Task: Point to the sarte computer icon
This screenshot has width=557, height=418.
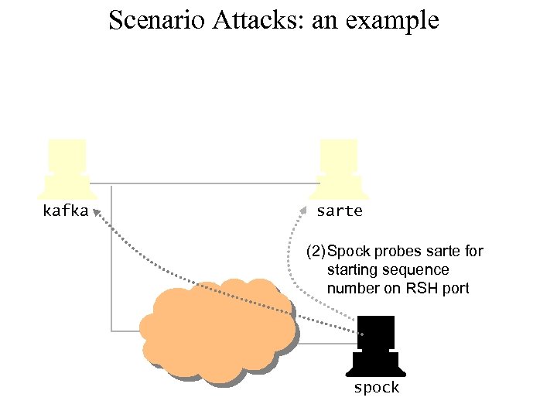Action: click(340, 169)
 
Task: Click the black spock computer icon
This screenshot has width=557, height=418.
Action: click(375, 345)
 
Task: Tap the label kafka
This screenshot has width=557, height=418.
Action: click(65, 211)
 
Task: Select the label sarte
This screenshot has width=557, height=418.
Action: click(340, 211)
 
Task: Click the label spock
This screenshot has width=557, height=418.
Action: click(376, 388)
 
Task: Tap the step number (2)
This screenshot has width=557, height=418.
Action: click(316, 252)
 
